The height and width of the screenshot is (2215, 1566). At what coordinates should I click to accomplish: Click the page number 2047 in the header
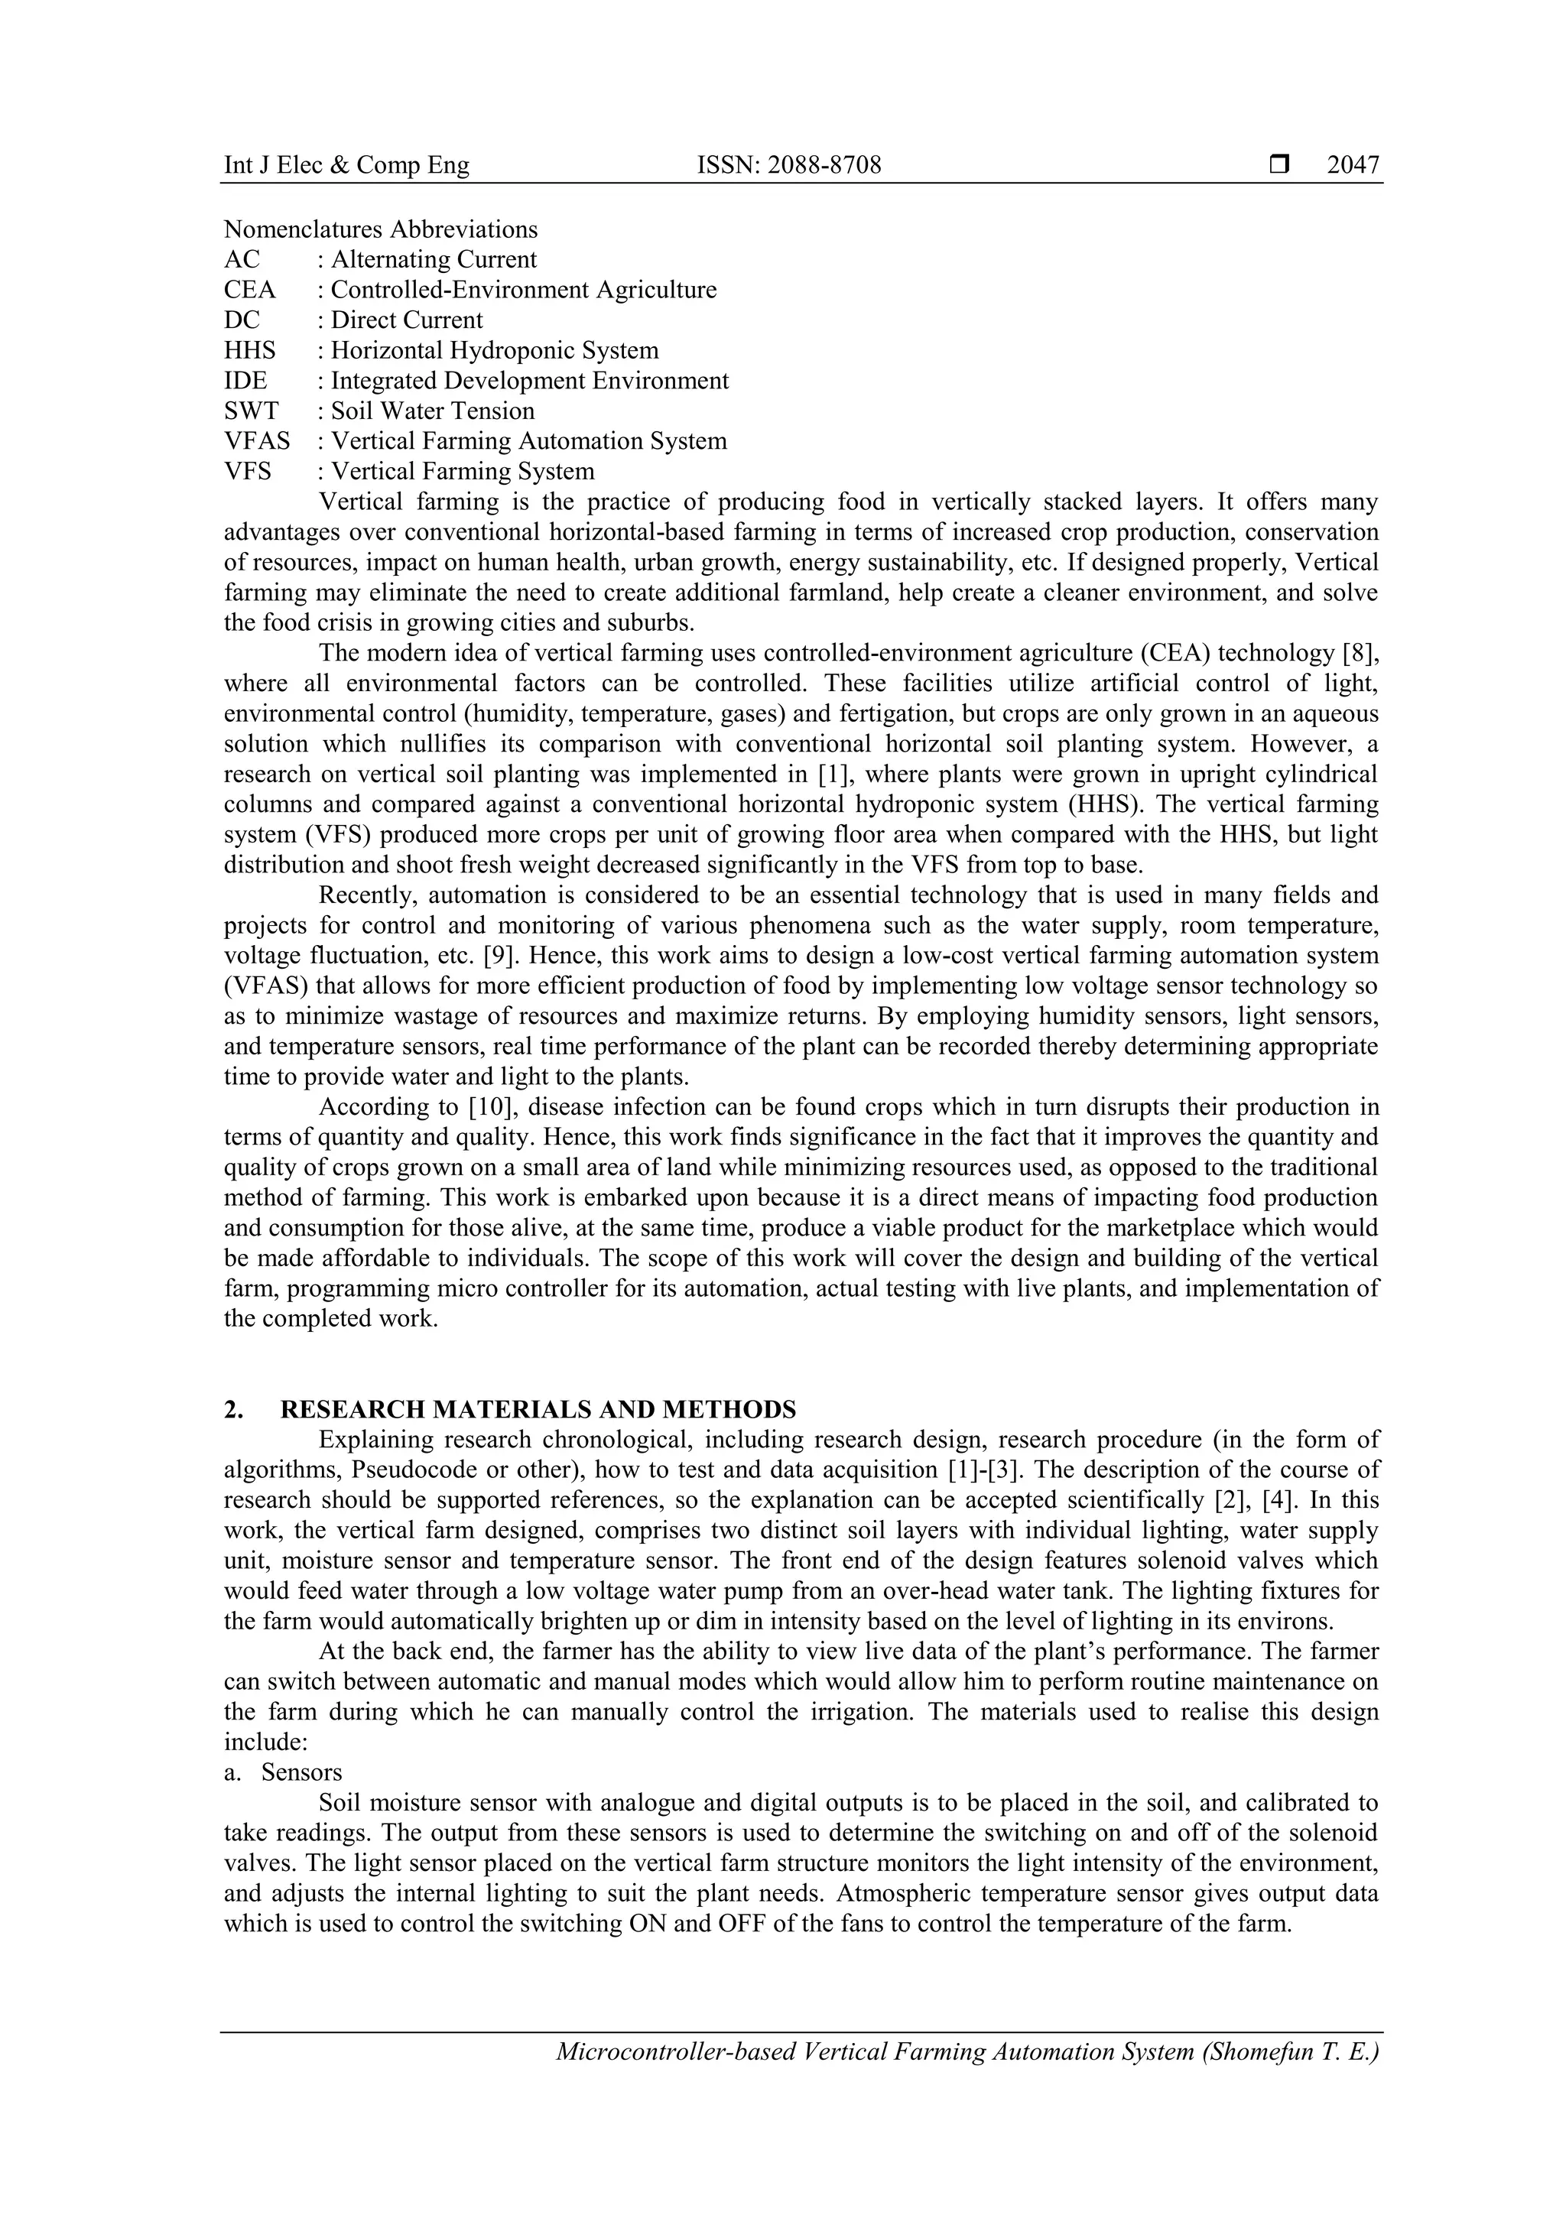coord(1353,165)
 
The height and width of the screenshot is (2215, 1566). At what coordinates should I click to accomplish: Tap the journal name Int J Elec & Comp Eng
coord(346,165)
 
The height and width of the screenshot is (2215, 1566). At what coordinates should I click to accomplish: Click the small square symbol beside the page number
coord(1279,165)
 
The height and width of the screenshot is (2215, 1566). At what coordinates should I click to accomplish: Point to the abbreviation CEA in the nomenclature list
coord(249,290)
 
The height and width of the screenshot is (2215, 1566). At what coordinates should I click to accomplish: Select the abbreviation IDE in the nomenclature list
coord(245,381)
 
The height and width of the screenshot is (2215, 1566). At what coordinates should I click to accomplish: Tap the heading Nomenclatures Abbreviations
coord(380,229)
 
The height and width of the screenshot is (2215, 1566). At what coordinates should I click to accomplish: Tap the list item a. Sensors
coord(284,1772)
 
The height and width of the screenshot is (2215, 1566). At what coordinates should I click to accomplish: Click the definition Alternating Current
coord(434,259)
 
